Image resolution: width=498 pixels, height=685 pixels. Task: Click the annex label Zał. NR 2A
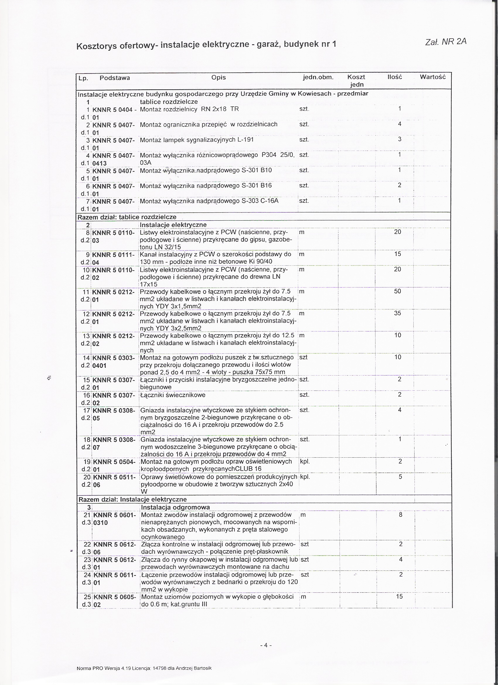click(x=446, y=42)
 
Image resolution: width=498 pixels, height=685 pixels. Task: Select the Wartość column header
click(x=432, y=77)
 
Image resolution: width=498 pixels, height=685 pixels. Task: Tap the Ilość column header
click(x=394, y=77)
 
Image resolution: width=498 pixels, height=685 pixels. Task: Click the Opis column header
click(x=218, y=77)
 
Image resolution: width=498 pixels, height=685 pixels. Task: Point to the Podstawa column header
click(x=115, y=78)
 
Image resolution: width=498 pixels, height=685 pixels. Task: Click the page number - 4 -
click(x=266, y=645)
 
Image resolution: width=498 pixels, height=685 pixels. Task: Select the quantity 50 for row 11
click(x=398, y=292)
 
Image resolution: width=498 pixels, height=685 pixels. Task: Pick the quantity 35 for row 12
click(x=398, y=313)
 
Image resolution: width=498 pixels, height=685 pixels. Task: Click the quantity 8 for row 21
click(x=400, y=515)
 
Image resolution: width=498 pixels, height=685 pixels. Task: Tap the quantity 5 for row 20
click(x=400, y=477)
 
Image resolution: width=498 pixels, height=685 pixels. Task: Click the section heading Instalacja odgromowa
click(x=175, y=507)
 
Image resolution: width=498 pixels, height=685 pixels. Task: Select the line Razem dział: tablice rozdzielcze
click(x=127, y=217)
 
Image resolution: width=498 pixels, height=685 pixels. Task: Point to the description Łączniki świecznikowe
click(x=173, y=395)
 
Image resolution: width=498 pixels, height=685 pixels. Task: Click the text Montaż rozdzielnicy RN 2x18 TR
click(x=189, y=109)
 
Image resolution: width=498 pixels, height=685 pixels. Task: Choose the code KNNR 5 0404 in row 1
click(x=113, y=110)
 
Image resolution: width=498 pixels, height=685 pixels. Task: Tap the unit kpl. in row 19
click(x=305, y=462)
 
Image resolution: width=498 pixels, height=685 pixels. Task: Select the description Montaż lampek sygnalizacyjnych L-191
click(x=197, y=140)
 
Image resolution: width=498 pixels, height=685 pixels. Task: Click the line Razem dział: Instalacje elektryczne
click(x=133, y=500)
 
